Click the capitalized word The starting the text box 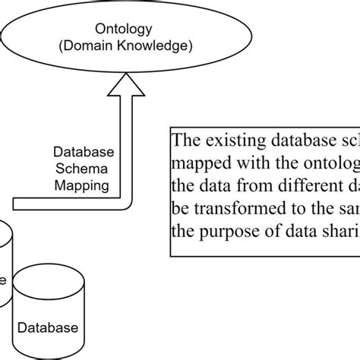[x=185, y=141]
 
